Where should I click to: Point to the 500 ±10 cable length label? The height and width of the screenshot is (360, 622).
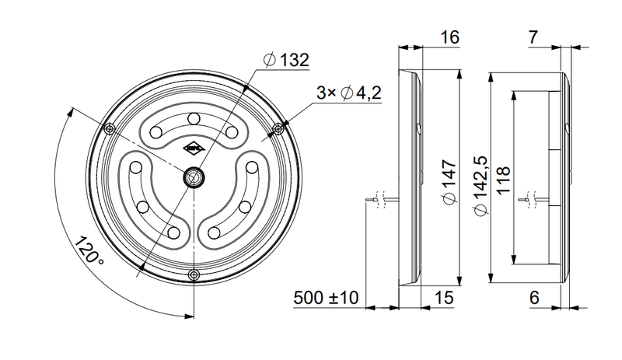[325, 298]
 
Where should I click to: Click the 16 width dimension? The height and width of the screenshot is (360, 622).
[449, 37]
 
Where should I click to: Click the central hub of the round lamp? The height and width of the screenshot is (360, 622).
[193, 177]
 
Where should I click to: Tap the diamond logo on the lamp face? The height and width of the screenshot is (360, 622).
[193, 146]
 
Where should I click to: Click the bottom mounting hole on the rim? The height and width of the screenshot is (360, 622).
[194, 273]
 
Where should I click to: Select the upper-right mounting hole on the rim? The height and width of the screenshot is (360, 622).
[277, 128]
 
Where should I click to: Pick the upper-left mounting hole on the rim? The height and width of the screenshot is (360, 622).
[110, 128]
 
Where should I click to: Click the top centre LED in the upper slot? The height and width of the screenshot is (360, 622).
[193, 118]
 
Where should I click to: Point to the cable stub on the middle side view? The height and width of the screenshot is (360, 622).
[381, 202]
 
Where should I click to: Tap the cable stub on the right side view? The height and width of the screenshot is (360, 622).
[533, 201]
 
